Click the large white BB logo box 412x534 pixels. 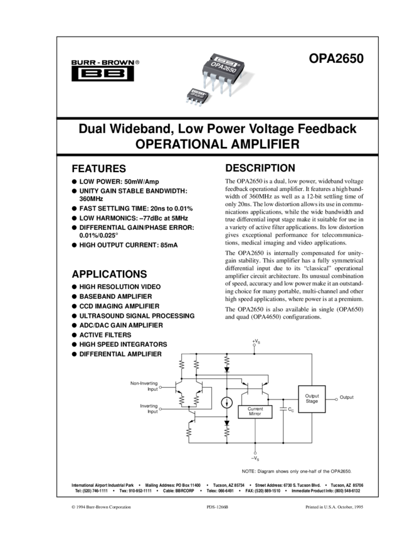point(102,74)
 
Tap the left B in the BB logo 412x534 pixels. point(91,74)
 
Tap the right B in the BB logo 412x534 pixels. point(114,74)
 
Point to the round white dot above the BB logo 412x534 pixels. point(117,63)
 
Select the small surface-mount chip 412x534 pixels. point(196,97)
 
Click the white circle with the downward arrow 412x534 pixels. point(227,403)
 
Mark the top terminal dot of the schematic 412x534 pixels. point(254,345)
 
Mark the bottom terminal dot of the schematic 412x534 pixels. point(255,452)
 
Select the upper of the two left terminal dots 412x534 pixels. point(161,388)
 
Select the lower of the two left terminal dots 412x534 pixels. point(161,409)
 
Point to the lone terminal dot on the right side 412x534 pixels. point(336,398)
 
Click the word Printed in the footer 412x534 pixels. point(313,506)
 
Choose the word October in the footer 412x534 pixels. point(345,506)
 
